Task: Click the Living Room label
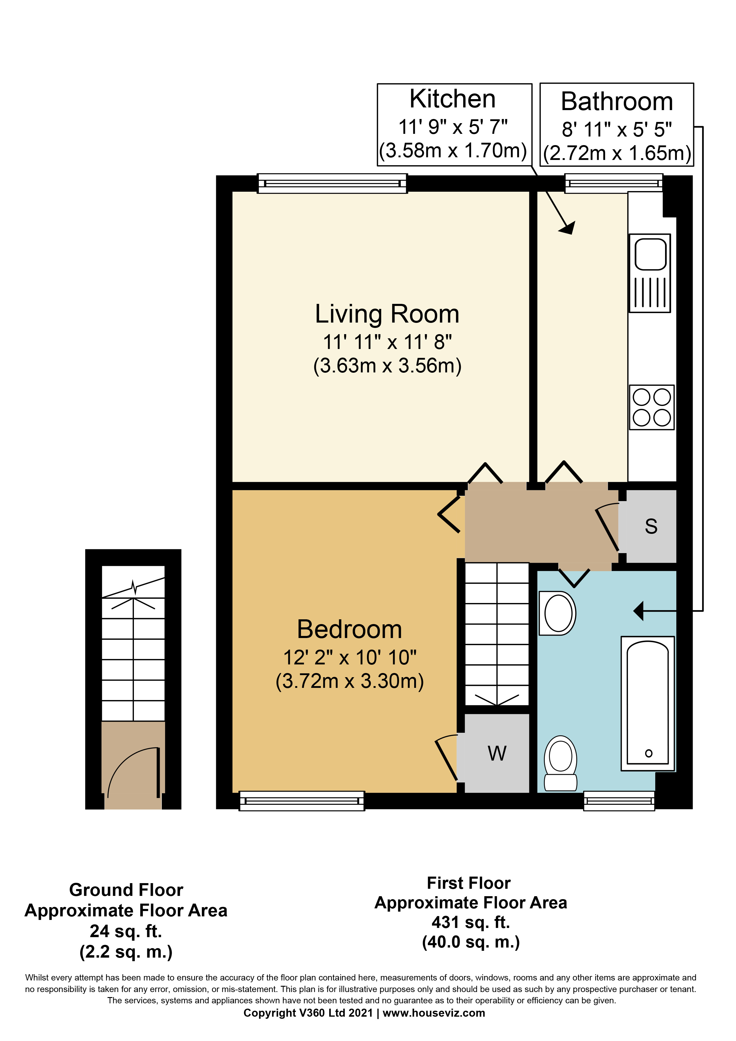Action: (x=387, y=314)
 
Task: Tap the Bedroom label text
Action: (x=349, y=629)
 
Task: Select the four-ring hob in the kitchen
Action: (x=652, y=407)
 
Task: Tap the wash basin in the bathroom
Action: (x=558, y=613)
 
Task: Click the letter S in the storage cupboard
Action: (x=651, y=526)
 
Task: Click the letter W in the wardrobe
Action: (x=497, y=753)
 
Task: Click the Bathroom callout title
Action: (x=617, y=101)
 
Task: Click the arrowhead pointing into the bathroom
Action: (x=639, y=611)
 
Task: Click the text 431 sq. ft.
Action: (x=471, y=922)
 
